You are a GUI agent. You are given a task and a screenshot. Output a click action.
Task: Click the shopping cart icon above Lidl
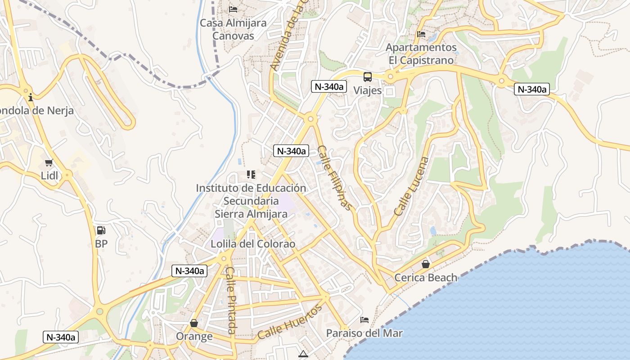coord(49,162)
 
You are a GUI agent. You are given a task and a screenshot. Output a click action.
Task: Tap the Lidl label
coord(49,175)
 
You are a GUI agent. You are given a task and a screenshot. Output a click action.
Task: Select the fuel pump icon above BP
coord(101,231)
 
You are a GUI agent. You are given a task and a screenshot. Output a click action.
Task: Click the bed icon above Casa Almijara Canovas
coord(233,9)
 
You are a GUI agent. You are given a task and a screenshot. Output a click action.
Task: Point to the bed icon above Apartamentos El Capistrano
coord(421,34)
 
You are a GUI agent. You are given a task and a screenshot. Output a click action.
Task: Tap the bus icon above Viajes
coord(368,76)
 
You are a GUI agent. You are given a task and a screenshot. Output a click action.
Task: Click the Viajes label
coord(367,90)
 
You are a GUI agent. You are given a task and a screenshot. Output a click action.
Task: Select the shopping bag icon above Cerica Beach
coord(425,264)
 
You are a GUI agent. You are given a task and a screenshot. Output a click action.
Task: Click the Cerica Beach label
coord(426,278)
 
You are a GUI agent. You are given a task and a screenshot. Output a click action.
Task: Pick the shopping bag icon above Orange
coord(194,323)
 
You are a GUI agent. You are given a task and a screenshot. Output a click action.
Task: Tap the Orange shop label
coord(194,337)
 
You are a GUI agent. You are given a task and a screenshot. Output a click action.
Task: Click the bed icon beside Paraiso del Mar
coord(364,320)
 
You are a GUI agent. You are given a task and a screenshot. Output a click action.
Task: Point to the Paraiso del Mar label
coord(364,333)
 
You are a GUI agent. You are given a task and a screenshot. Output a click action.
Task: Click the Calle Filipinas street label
coord(334,178)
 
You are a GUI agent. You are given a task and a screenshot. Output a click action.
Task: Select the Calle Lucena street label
coord(411,186)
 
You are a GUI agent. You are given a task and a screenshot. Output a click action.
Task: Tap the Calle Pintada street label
coord(231,300)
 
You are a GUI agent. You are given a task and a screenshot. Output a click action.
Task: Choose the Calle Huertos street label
coord(290,322)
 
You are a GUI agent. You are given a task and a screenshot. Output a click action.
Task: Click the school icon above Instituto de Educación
coord(251,175)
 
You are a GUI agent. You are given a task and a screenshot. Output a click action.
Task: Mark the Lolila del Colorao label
coord(253,244)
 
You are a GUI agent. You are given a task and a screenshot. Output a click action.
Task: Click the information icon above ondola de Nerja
coord(31,97)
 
